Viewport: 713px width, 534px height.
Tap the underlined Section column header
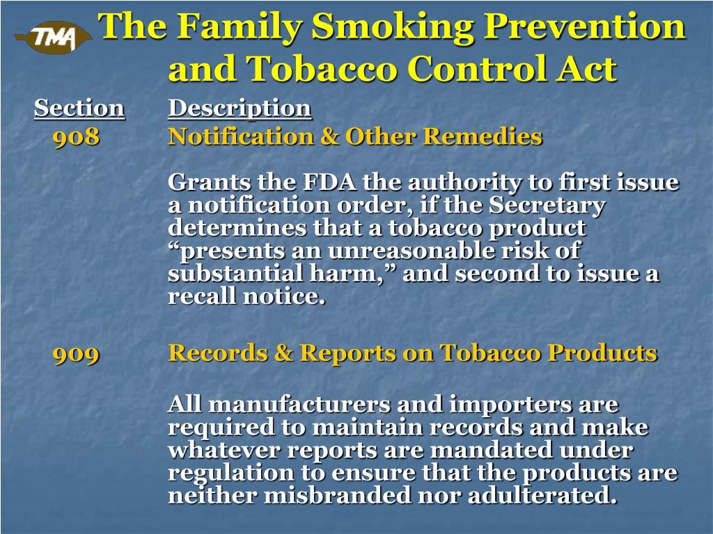pos(79,108)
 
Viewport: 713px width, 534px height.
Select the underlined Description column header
pos(240,108)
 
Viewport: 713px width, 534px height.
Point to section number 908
pos(77,137)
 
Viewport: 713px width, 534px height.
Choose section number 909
pos(77,354)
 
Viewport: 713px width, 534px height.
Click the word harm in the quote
pos(362,274)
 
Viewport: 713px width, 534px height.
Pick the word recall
pos(201,297)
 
